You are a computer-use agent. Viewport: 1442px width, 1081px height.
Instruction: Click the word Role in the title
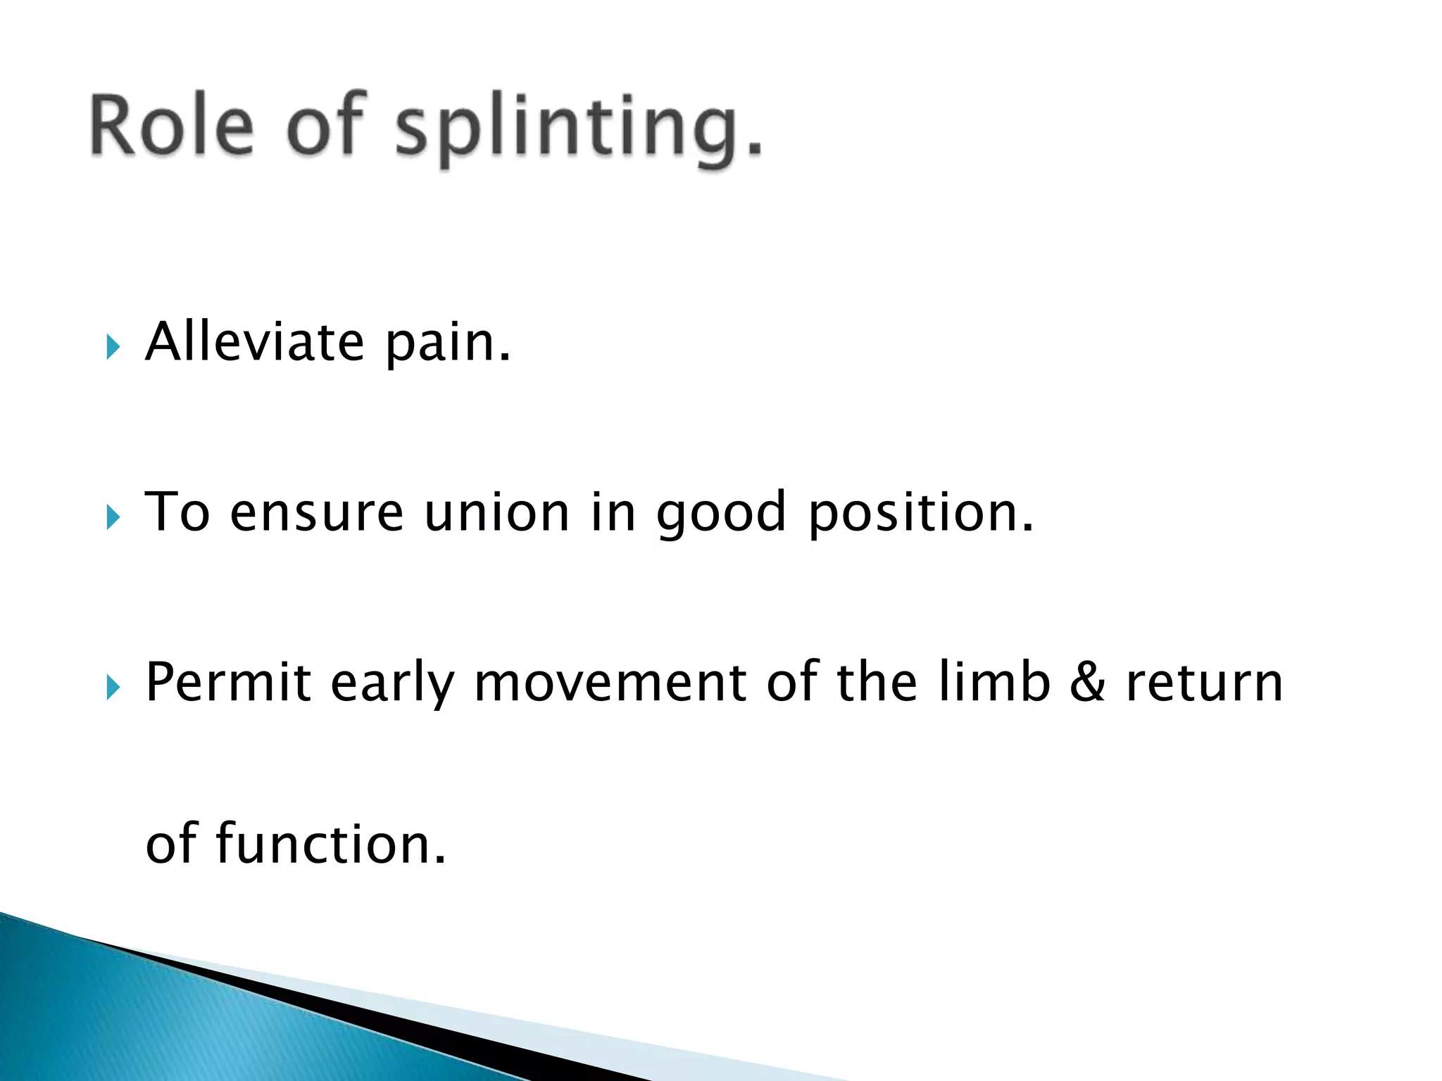pyautogui.click(x=171, y=125)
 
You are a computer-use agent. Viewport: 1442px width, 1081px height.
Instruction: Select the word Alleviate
pyautogui.click(x=254, y=342)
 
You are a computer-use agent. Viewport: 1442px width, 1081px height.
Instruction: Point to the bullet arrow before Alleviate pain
pyautogui.click(x=113, y=346)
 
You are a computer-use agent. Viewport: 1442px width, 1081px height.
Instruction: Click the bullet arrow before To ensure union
pyautogui.click(x=113, y=517)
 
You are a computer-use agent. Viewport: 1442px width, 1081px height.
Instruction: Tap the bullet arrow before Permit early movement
pyautogui.click(x=113, y=687)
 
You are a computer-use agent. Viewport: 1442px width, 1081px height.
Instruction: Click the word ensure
pyautogui.click(x=317, y=514)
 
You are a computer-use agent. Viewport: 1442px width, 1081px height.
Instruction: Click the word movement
pyautogui.click(x=610, y=683)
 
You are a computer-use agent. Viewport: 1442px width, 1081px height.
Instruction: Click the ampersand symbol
pyautogui.click(x=1087, y=683)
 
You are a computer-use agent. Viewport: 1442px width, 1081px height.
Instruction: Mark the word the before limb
pyautogui.click(x=877, y=682)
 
